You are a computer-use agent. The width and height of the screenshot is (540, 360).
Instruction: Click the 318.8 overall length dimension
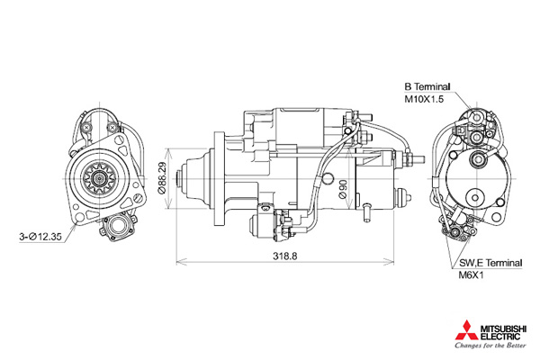(x=285, y=256)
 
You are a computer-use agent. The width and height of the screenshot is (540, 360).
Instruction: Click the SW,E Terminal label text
(x=490, y=263)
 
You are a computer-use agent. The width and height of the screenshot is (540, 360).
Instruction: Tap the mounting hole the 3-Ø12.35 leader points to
(x=80, y=219)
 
